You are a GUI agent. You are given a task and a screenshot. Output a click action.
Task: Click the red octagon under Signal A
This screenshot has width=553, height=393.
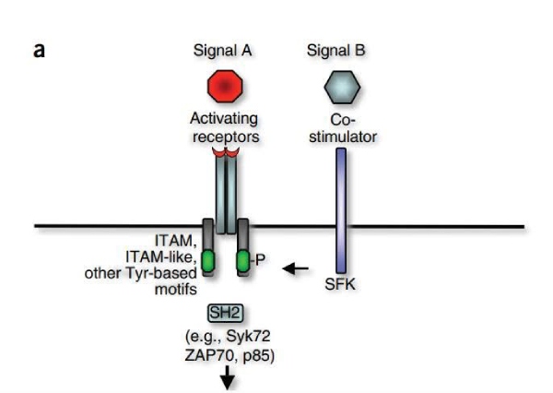[x=224, y=87]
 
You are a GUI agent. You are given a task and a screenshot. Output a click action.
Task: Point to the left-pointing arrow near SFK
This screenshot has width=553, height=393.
[x=296, y=269]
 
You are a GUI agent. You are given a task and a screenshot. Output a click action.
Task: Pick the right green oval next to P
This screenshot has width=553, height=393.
[x=242, y=261]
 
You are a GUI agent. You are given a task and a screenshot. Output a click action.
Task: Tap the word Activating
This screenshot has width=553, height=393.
[x=224, y=120]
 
